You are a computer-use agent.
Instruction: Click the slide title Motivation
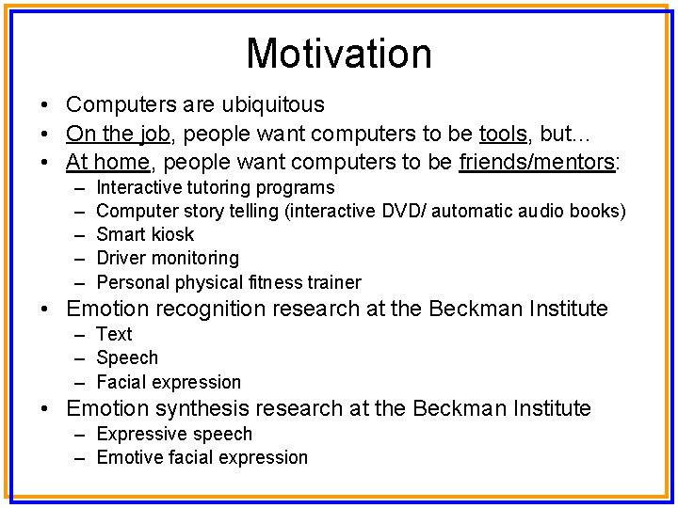[x=339, y=54]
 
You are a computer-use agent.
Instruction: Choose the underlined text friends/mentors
[x=536, y=162]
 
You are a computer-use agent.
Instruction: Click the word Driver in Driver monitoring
[x=121, y=258]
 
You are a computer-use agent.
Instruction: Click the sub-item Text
[x=114, y=334]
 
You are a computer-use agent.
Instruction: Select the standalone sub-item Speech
[x=127, y=358]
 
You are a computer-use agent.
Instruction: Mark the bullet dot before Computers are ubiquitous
[x=45, y=105]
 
